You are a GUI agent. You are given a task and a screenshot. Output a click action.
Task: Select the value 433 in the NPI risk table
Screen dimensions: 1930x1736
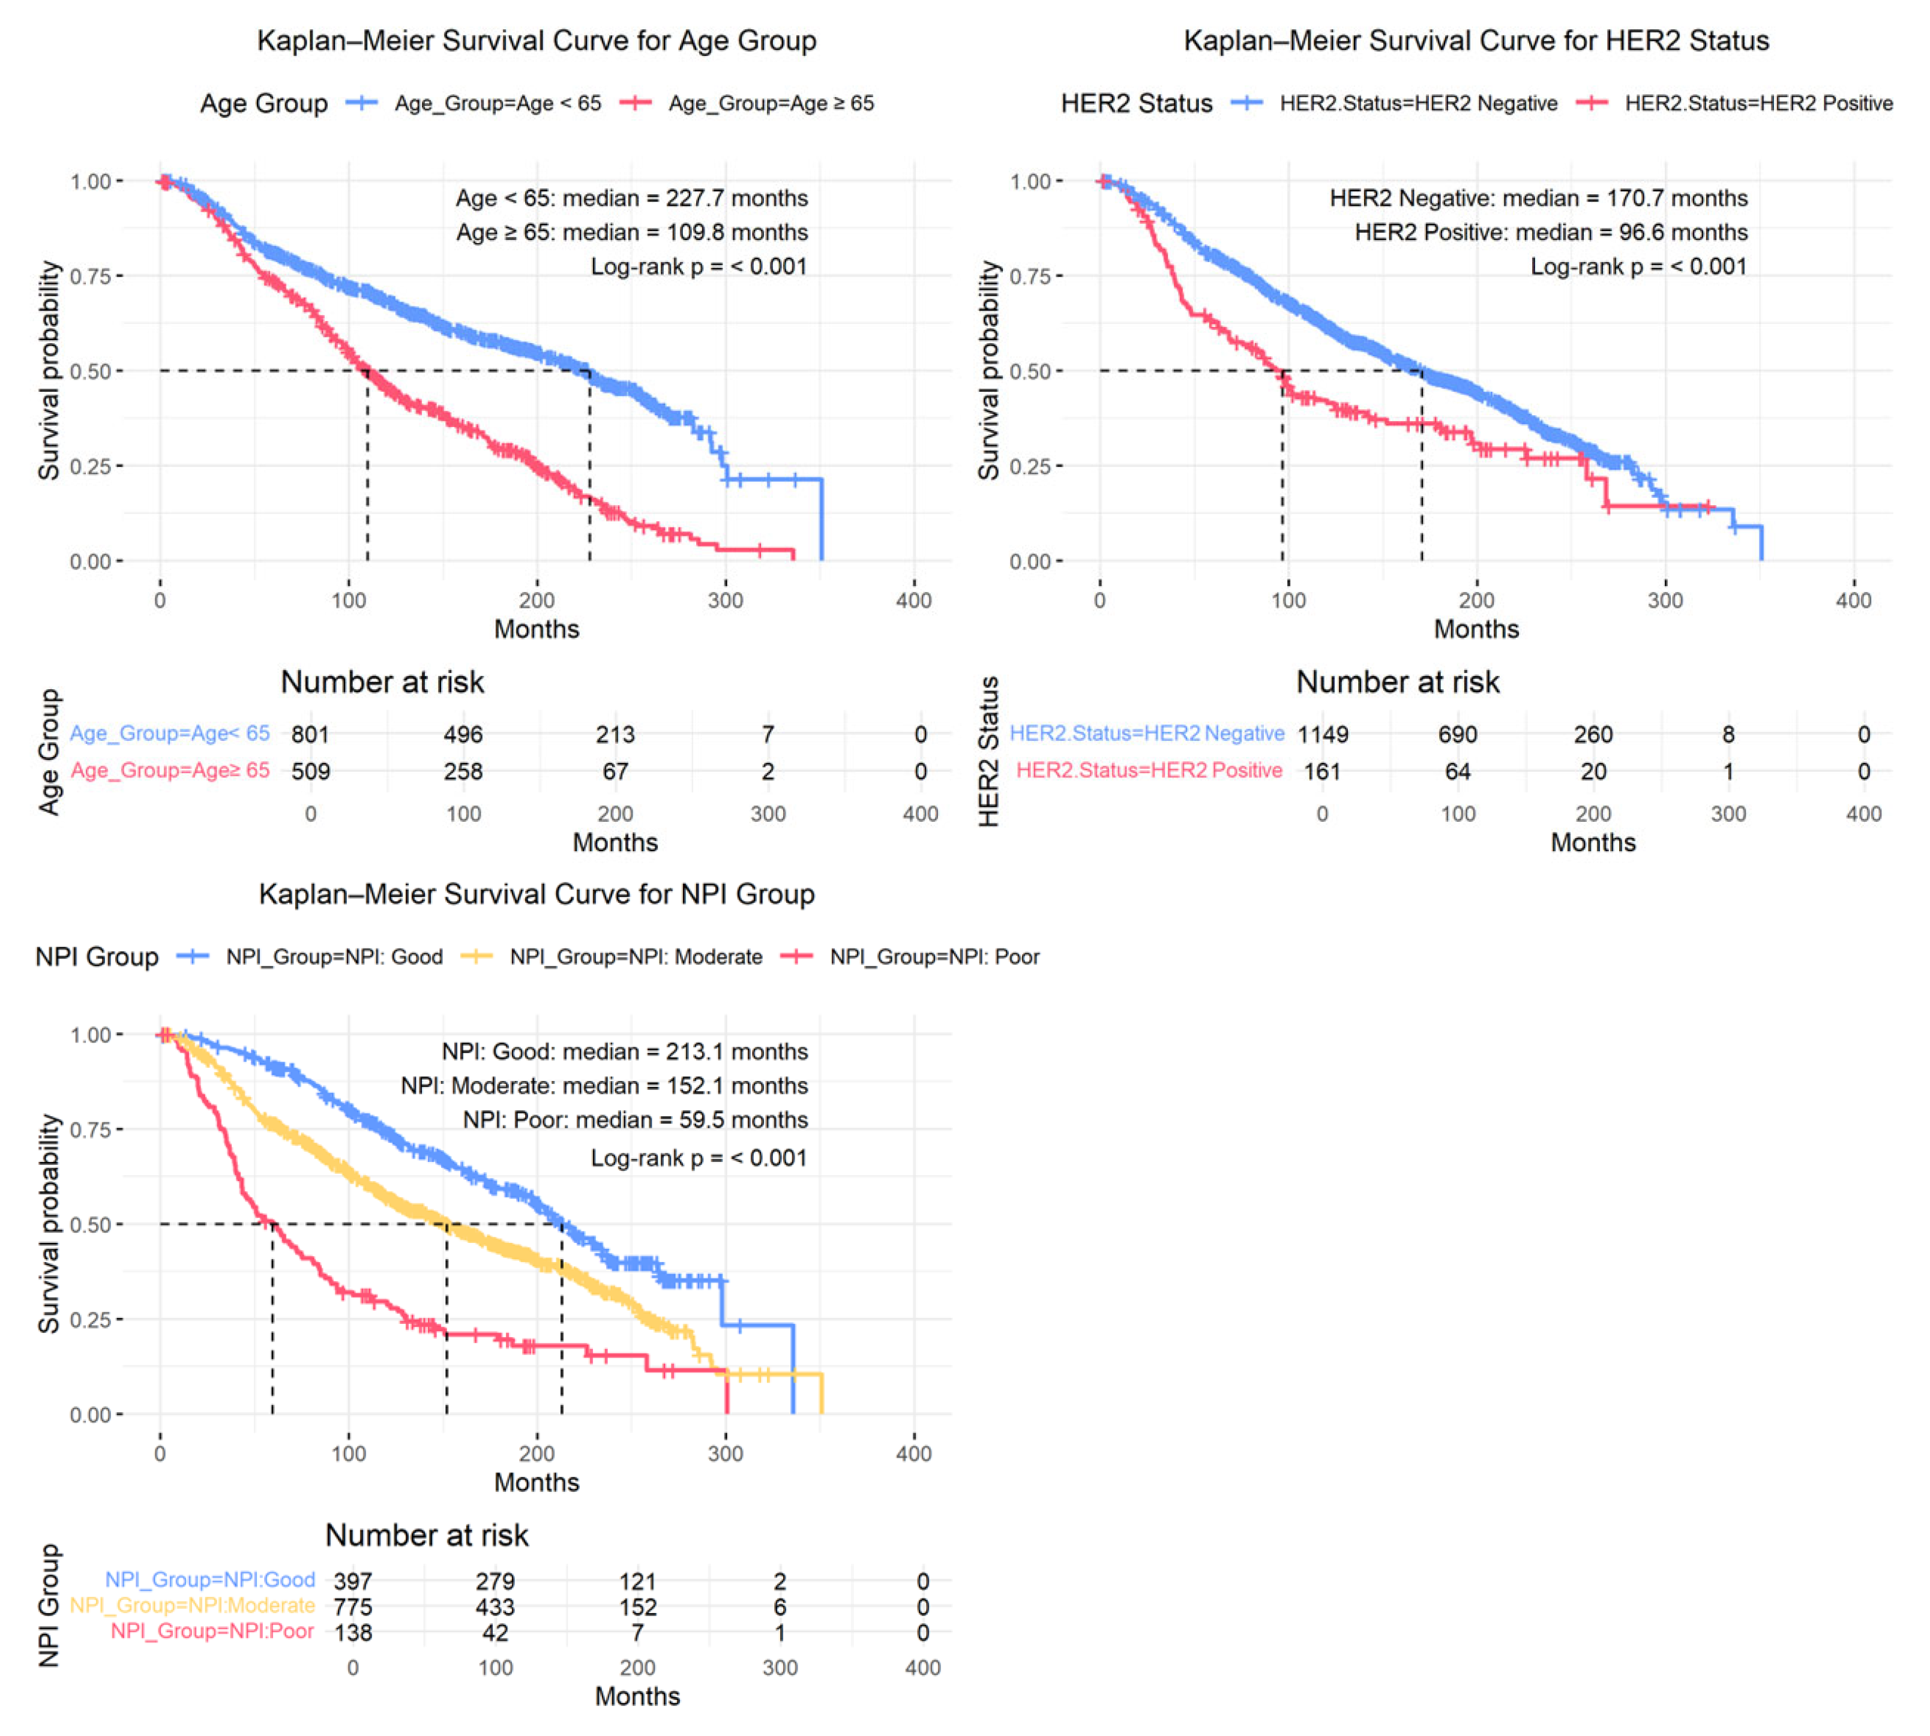495,1607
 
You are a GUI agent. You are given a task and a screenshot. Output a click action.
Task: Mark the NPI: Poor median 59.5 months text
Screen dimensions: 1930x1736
636,1120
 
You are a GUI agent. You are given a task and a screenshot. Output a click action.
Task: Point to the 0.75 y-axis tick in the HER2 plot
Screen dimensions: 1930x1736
1030,277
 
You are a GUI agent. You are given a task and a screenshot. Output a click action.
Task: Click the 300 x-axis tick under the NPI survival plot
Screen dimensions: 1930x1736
725,1453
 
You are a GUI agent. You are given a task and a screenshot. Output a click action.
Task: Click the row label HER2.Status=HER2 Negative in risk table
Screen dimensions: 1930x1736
1147,734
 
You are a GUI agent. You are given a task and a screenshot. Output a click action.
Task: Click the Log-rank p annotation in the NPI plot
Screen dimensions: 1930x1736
699,1158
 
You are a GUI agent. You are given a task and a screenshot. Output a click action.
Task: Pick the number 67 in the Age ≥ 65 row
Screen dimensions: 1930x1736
615,771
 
